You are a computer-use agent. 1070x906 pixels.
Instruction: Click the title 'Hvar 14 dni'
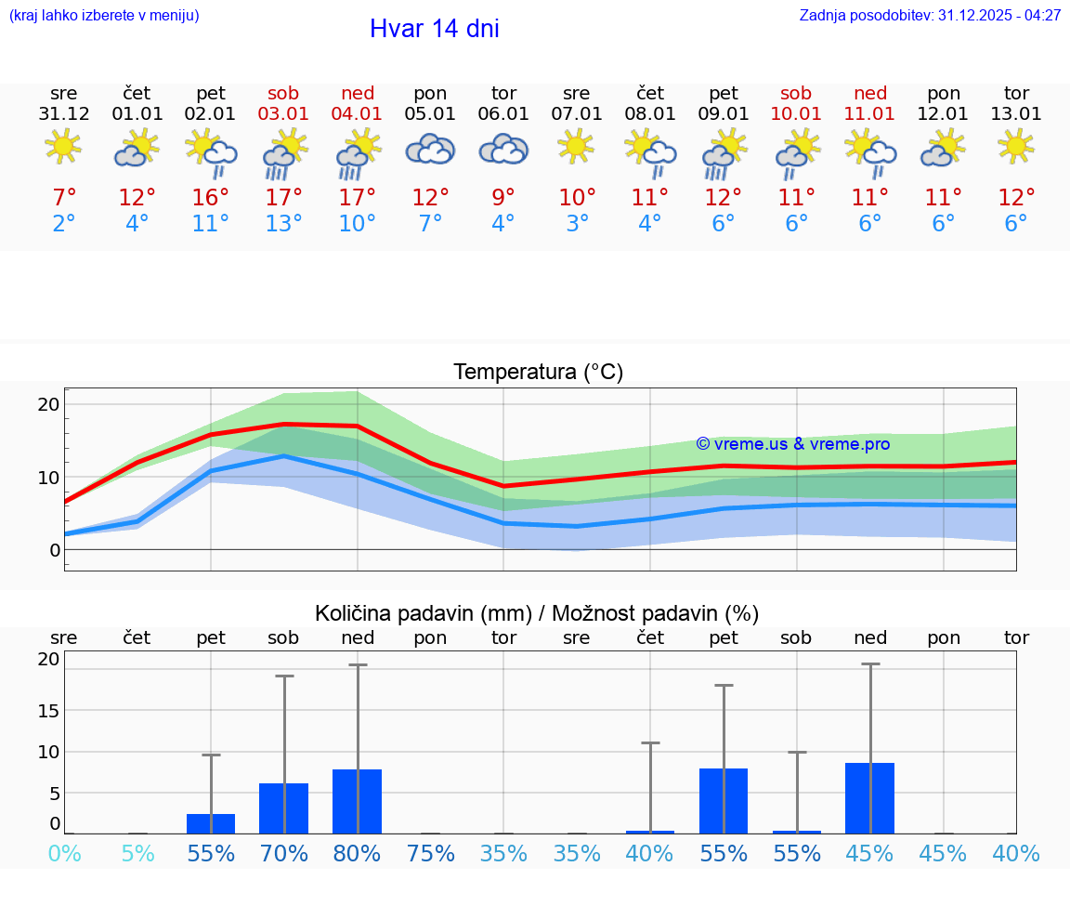(434, 29)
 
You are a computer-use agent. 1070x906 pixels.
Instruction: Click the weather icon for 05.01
(430, 150)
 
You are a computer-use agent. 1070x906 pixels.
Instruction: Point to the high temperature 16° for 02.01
(211, 198)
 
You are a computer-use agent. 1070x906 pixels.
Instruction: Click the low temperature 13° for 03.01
(284, 223)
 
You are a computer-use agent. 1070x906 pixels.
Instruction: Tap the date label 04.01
(358, 114)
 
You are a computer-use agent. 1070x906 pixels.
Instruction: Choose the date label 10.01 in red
(796, 114)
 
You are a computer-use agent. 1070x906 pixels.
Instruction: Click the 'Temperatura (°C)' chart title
(538, 373)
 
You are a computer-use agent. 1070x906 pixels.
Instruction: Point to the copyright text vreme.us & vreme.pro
(792, 444)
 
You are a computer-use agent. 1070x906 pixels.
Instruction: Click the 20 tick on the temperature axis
(49, 404)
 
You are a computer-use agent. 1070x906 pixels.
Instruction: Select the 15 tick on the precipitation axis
(49, 710)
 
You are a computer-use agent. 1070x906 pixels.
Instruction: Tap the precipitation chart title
(537, 613)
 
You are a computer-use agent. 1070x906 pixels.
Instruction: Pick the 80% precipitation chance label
(358, 853)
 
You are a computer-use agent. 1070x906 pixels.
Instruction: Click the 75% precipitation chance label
(431, 853)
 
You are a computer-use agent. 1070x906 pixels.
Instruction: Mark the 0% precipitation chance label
(64, 853)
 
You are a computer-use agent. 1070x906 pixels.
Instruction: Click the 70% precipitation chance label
(284, 853)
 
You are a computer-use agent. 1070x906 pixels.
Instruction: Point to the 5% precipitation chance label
(137, 853)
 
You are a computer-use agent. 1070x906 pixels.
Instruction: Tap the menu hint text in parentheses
(104, 16)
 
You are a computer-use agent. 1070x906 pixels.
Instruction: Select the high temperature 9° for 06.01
(503, 198)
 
